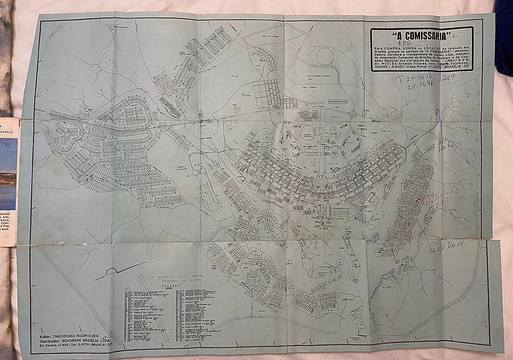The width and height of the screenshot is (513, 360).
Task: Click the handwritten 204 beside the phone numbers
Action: [x=448, y=77]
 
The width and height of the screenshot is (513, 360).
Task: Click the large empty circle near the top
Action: [x=324, y=56]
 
